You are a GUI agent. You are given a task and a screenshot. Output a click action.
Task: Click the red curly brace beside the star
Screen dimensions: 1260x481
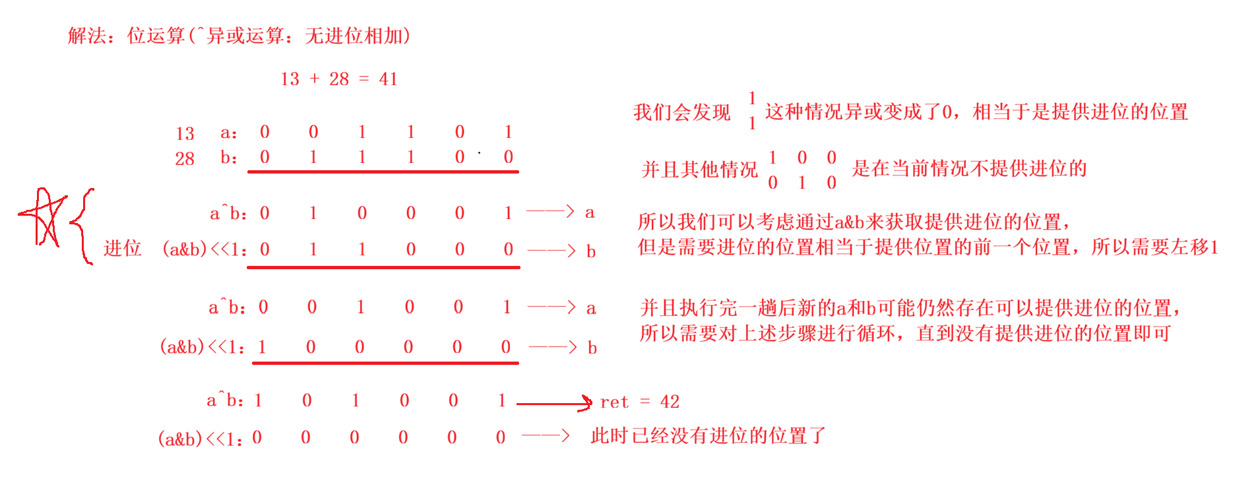tap(81, 226)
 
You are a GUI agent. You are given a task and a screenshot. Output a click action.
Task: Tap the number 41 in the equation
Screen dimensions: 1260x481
tap(388, 79)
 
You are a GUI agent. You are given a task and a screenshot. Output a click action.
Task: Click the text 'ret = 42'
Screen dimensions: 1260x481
tap(639, 402)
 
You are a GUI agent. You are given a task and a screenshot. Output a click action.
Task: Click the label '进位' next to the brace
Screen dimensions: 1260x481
tap(123, 248)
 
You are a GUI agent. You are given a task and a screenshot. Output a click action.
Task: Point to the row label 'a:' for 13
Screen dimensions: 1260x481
tap(228, 133)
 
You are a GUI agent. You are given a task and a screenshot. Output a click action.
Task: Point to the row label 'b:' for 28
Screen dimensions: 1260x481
tap(228, 158)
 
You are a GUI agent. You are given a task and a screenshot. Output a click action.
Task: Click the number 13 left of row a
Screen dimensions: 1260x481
tap(185, 134)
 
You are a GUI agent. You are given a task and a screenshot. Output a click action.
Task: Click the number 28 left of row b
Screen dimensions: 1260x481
tap(185, 159)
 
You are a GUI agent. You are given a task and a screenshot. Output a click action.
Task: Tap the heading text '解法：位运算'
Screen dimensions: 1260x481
tap(125, 36)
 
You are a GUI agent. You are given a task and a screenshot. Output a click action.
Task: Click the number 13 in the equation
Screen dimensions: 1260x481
tap(290, 79)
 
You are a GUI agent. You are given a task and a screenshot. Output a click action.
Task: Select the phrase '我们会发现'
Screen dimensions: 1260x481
tap(681, 112)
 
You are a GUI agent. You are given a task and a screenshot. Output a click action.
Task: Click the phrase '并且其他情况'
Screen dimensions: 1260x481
tap(699, 170)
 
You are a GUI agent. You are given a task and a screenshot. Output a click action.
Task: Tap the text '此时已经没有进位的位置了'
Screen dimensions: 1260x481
tap(708, 435)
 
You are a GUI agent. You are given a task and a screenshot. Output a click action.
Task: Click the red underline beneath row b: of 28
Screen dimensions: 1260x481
tap(383, 172)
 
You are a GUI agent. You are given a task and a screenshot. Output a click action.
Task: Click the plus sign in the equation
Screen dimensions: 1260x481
tap(315, 79)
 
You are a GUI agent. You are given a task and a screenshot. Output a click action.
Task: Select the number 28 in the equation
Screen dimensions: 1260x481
tap(339, 79)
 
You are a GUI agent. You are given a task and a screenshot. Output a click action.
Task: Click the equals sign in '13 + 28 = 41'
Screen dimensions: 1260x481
tap(363, 79)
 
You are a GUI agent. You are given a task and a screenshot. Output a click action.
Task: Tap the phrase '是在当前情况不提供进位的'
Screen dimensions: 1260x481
tap(969, 169)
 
